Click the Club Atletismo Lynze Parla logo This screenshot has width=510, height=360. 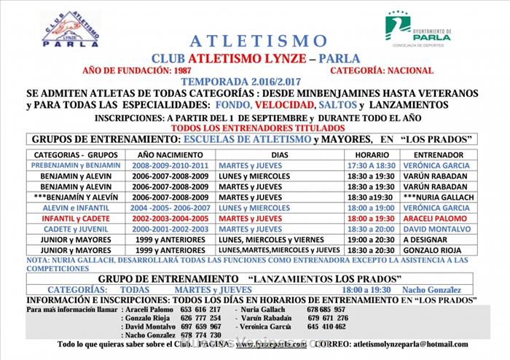coord(71,29)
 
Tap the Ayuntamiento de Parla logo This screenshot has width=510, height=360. coord(417,30)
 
